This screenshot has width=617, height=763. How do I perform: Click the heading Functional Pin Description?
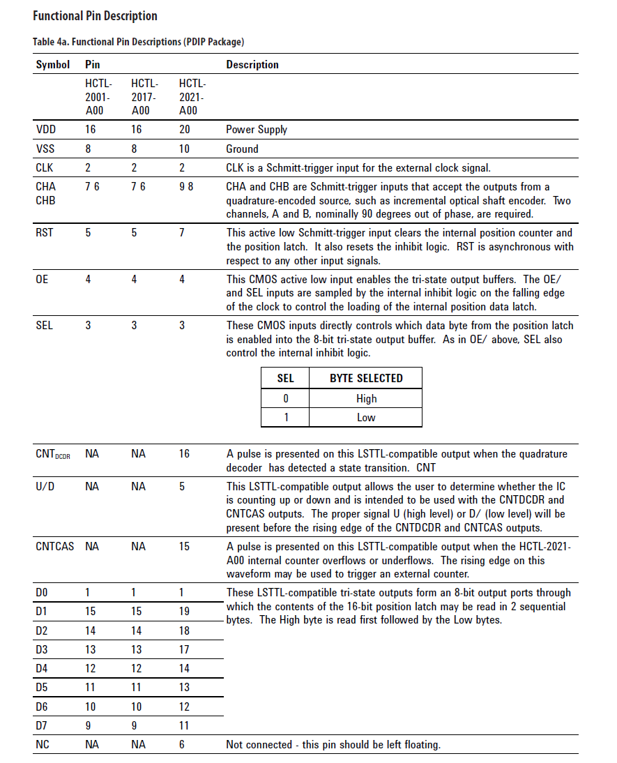(x=95, y=15)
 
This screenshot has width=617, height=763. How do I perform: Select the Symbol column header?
(x=53, y=65)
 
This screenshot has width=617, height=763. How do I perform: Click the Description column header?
(x=252, y=65)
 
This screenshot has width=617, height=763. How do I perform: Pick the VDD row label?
(x=46, y=130)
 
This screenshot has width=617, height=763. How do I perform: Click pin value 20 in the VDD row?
(x=185, y=130)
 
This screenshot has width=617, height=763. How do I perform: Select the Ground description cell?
(x=242, y=149)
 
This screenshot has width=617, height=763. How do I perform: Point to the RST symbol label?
(x=45, y=232)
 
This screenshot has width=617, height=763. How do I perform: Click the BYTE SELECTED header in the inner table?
(x=366, y=378)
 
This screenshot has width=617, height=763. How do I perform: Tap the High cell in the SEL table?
(x=366, y=398)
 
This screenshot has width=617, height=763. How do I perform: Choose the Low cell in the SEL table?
(x=366, y=417)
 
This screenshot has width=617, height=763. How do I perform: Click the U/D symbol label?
(x=45, y=486)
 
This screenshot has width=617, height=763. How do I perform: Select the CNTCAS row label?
(x=54, y=546)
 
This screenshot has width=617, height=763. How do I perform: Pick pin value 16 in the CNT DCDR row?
(x=185, y=454)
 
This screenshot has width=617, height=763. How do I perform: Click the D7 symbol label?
(x=42, y=725)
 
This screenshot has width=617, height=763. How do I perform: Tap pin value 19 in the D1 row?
(x=185, y=612)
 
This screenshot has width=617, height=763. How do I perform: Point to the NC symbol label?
(x=43, y=745)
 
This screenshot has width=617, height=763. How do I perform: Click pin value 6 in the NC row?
(x=182, y=745)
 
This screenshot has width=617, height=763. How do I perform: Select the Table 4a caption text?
(x=138, y=42)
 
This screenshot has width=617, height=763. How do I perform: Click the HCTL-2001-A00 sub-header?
(x=98, y=97)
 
